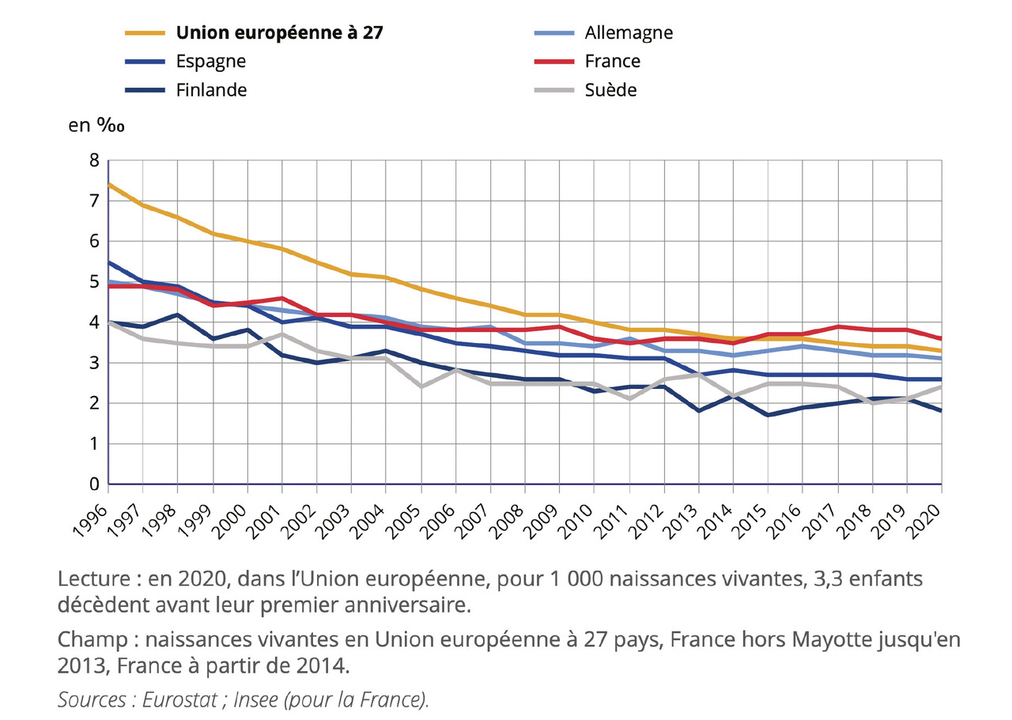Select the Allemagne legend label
point(629,33)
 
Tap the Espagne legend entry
point(211,62)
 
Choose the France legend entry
point(613,62)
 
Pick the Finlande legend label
point(211,90)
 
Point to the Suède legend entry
point(610,90)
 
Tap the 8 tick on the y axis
point(94,160)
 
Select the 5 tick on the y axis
point(94,282)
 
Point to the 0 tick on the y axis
point(94,484)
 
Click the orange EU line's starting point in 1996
point(109,184)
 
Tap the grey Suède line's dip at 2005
point(421,386)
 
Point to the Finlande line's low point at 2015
point(768,415)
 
